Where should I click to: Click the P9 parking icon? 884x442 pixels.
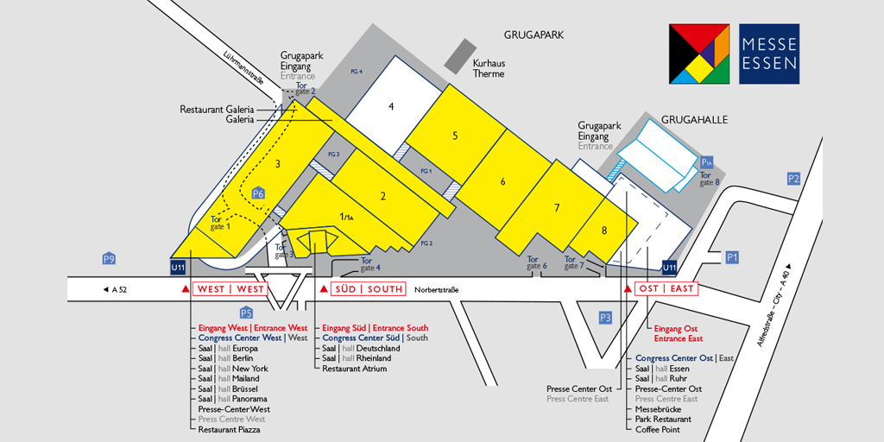pyautogui.click(x=109, y=259)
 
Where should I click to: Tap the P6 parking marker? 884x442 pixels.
pyautogui.click(x=257, y=193)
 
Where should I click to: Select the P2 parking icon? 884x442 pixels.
pyautogui.click(x=793, y=179)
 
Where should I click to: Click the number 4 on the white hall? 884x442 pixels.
pyautogui.click(x=391, y=106)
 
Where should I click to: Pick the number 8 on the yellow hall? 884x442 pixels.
pyautogui.click(x=604, y=230)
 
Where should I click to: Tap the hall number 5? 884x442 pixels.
pyautogui.click(x=455, y=136)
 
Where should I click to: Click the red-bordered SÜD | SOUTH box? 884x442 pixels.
pyautogui.click(x=369, y=289)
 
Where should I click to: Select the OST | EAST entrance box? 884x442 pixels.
pyautogui.click(x=666, y=289)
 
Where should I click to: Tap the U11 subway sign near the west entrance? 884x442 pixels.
pyautogui.click(x=178, y=268)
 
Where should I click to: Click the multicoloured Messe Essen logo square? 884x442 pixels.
pyautogui.click(x=699, y=54)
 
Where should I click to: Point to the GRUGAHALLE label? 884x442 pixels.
pyautogui.click(x=694, y=120)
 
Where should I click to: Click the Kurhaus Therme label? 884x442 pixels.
pyautogui.click(x=489, y=68)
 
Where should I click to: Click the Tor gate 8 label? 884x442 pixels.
pyautogui.click(x=709, y=179)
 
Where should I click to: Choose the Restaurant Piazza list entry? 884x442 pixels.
pyautogui.click(x=229, y=429)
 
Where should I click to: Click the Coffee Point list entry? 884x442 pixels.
pyautogui.click(x=657, y=429)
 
